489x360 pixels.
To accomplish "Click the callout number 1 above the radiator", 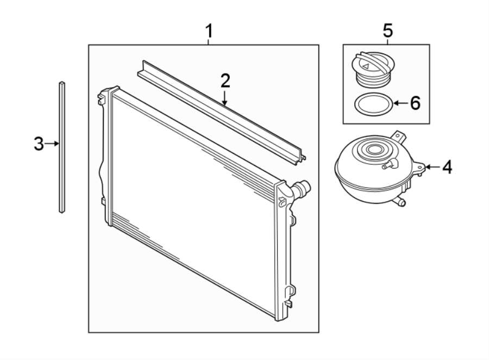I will point(208,32).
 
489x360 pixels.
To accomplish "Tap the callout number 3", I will point(38,144).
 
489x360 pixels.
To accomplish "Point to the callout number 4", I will point(446,167).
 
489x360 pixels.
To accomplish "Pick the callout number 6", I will point(415,102).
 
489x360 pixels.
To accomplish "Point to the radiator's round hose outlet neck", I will point(300,190).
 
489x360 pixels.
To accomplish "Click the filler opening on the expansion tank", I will point(374,150).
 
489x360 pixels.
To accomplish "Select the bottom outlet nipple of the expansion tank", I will point(401,202).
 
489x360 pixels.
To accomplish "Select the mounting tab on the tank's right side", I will point(418,167).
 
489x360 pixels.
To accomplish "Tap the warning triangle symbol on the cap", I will point(367,66).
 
